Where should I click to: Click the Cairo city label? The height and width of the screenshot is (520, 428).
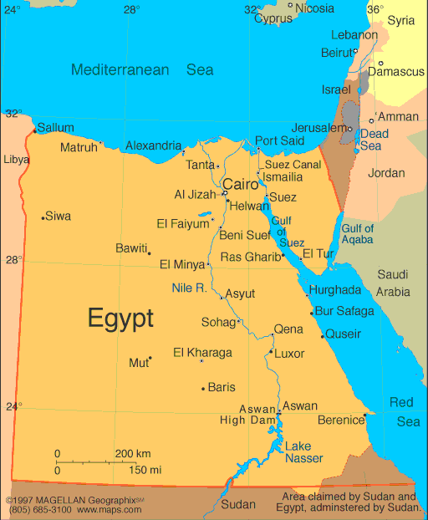click(240, 184)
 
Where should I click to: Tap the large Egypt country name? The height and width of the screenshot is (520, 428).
click(120, 318)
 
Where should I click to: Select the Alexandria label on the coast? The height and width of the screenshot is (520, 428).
click(154, 145)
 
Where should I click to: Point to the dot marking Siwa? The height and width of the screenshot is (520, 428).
click(43, 218)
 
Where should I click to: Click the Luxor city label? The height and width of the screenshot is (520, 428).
click(289, 353)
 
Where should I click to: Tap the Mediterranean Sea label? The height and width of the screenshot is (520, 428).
click(142, 70)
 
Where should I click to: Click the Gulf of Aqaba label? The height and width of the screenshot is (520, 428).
click(358, 233)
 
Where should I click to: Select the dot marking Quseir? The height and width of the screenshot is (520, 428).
click(323, 336)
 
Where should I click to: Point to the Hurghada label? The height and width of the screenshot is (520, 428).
click(335, 290)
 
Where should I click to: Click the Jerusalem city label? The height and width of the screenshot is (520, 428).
click(320, 128)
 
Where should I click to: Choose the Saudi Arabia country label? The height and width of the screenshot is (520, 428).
click(393, 283)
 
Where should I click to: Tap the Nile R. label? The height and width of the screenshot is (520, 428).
click(189, 288)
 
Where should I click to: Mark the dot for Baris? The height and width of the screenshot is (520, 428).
click(203, 388)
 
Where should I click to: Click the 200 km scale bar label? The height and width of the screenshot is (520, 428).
click(133, 453)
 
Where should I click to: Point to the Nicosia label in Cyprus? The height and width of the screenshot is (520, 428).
click(315, 8)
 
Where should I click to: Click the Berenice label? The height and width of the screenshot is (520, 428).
click(339, 420)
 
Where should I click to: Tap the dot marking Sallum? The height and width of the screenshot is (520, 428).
click(34, 130)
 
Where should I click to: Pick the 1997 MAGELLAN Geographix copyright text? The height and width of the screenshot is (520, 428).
click(74, 500)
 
